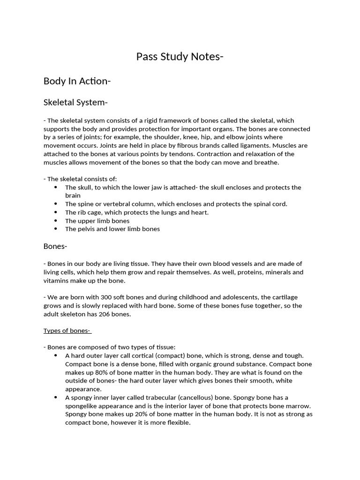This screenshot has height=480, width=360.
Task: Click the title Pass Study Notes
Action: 180,57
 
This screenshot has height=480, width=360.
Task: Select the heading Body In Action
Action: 77,81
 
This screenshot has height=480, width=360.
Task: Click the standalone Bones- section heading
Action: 56,246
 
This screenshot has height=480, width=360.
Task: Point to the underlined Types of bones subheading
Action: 67,330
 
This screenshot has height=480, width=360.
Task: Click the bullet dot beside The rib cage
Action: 55,212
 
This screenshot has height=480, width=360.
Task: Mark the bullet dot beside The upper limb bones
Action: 55,221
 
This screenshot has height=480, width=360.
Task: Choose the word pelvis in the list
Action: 86,229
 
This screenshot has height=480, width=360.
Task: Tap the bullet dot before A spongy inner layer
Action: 55,397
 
